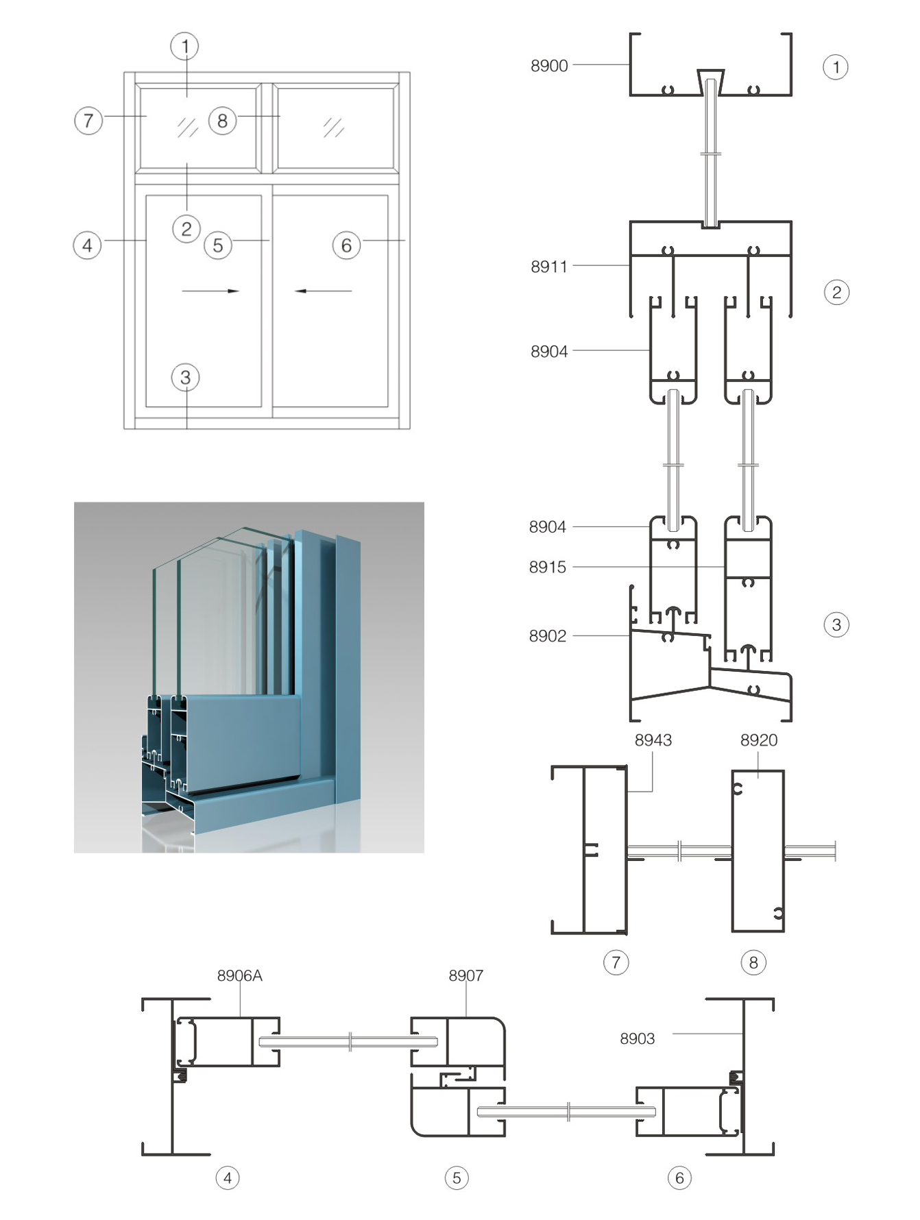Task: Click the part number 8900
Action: pos(549,66)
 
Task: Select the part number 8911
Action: pos(549,267)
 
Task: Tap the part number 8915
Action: pos(548,568)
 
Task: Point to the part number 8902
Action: pos(548,636)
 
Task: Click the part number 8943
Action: pos(653,740)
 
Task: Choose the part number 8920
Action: pos(759,740)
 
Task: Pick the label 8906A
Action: pos(240,975)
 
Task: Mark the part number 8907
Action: pos(466,975)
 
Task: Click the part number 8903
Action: pos(638,1039)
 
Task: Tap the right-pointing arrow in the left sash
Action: pos(210,291)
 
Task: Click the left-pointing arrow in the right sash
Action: pos(323,291)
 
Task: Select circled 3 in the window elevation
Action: pos(185,378)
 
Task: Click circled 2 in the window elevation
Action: pos(186,229)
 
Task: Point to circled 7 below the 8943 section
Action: pos(616,963)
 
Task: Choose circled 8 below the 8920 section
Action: pos(753,963)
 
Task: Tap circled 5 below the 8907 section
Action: pos(457,1178)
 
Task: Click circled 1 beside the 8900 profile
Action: pos(836,67)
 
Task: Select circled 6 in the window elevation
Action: pos(346,245)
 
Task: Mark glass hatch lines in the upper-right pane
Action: pos(334,127)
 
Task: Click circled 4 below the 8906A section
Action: pos(228,1178)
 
